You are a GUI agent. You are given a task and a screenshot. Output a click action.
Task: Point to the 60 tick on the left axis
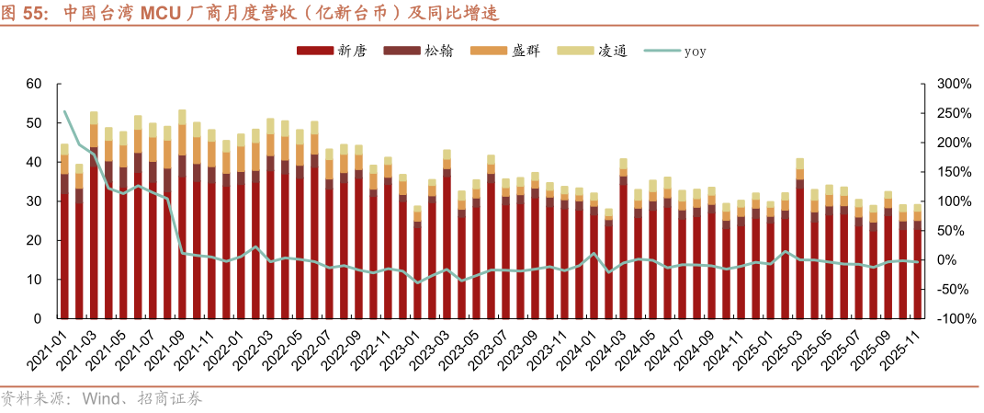(35, 85)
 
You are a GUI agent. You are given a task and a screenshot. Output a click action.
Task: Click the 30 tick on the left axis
(35, 201)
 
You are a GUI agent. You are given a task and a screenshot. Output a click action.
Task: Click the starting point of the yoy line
(64, 112)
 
